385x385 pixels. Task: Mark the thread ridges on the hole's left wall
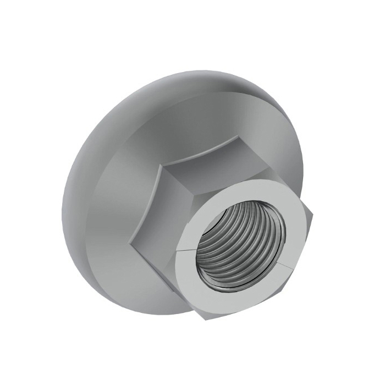point(212,242)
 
